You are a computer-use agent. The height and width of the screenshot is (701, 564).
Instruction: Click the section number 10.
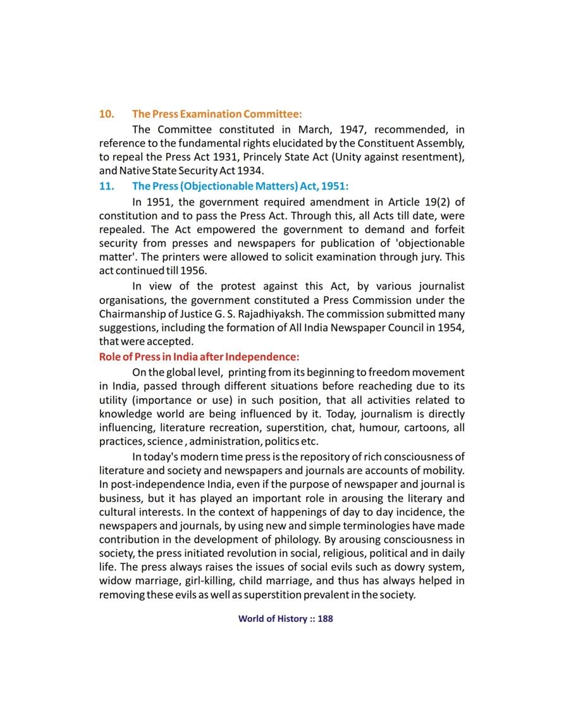(106, 114)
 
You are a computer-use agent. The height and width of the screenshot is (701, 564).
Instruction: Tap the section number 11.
(106, 186)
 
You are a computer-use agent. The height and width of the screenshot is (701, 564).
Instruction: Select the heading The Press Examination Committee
(217, 114)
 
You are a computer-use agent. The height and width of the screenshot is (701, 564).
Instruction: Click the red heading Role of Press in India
(199, 356)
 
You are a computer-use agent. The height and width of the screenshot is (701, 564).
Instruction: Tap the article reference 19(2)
(436, 202)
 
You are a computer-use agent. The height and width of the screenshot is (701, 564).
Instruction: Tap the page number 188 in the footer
(325, 619)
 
